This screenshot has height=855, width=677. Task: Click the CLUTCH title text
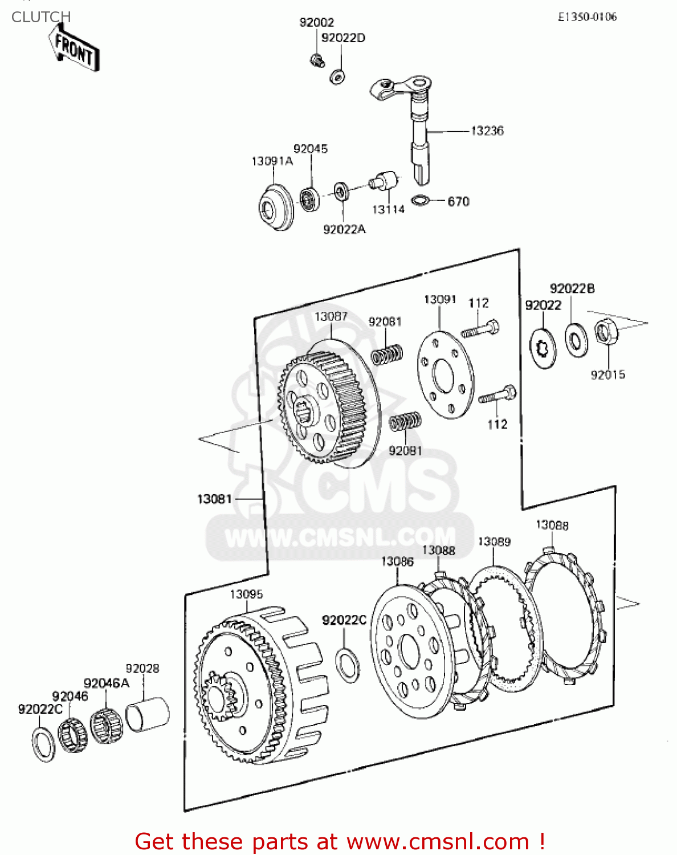tap(41, 17)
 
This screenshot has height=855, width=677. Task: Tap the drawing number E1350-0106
tap(587, 17)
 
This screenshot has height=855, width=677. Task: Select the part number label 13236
tap(487, 131)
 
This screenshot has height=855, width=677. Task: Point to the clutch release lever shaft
tap(419, 137)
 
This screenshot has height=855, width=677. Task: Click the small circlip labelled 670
tap(421, 201)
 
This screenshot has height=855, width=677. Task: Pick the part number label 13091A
tap(272, 161)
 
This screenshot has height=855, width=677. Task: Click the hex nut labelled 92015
tap(605, 332)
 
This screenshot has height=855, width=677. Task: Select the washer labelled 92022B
tap(576, 340)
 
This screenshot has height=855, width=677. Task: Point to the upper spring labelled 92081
tap(387, 355)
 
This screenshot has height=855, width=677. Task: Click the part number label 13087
tap(331, 316)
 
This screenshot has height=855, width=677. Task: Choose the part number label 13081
tap(214, 499)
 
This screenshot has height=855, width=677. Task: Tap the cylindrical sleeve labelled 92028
tap(148, 714)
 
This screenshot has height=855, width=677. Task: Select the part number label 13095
tap(246, 595)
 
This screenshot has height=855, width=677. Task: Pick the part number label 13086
tap(397, 562)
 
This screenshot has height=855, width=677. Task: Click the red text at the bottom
tap(340, 841)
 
